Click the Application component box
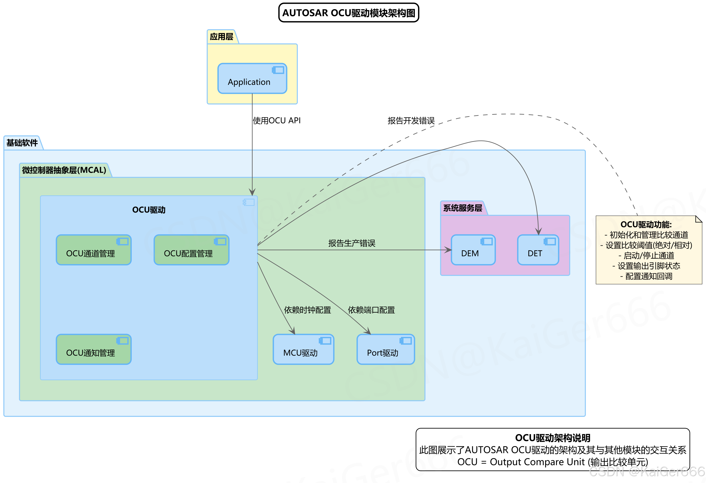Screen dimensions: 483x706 click(x=252, y=79)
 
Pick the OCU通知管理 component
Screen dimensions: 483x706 click(x=94, y=349)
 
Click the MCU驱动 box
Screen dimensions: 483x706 click(x=303, y=349)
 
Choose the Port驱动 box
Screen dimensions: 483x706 click(x=385, y=349)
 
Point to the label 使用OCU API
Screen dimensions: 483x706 click(x=276, y=121)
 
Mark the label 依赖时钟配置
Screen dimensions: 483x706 click(x=307, y=310)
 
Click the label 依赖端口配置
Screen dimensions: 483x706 click(x=371, y=310)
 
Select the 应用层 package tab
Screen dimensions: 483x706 click(x=221, y=37)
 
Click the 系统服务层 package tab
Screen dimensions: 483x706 click(x=462, y=208)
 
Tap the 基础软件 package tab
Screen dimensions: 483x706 click(x=22, y=143)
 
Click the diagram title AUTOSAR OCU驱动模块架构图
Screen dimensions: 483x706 click(x=349, y=13)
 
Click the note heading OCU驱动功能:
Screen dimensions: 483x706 click(x=646, y=224)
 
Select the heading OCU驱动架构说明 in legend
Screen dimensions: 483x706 click(x=552, y=438)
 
